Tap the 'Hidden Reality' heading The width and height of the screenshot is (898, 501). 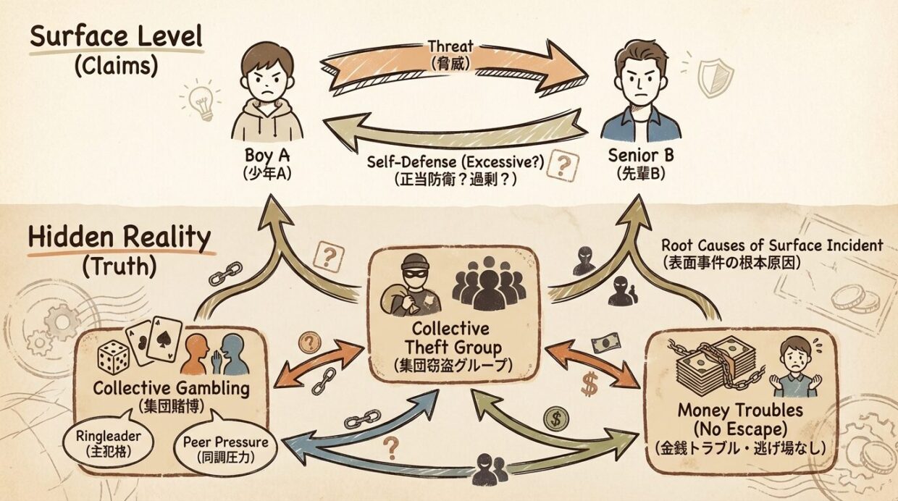point(119,238)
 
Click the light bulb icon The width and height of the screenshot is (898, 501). point(202,101)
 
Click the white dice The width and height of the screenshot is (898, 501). point(114,358)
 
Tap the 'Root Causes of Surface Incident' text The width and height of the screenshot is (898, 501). point(772,246)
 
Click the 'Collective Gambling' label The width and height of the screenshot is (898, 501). point(171,389)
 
